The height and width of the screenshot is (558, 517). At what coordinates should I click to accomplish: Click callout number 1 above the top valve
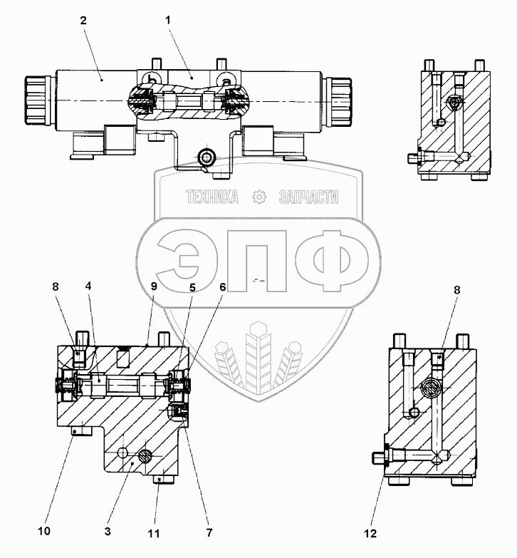pos(167,21)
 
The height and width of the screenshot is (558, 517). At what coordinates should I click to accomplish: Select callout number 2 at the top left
pos(83,21)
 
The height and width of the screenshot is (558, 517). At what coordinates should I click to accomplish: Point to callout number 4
pos(88,286)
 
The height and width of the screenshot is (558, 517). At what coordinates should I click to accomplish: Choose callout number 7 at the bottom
pos(209,532)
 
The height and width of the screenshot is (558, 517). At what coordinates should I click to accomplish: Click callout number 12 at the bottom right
pos(370,532)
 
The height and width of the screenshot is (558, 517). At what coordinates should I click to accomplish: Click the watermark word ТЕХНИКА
pos(211,198)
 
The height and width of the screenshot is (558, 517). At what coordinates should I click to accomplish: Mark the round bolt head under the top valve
pos(207,157)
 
